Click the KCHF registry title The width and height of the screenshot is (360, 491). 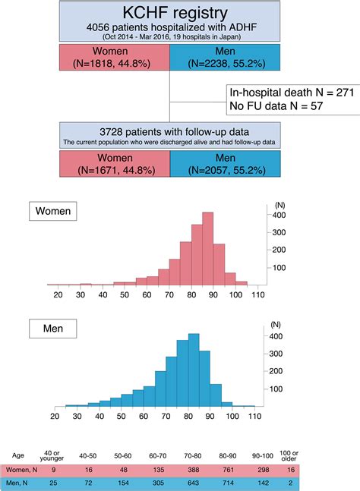tap(168, 14)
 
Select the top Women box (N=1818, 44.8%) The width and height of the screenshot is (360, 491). tap(114, 58)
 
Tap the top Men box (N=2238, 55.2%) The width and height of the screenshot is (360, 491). tap(223, 58)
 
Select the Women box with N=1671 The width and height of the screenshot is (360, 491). tap(114, 164)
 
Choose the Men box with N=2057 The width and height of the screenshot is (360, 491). tap(223, 164)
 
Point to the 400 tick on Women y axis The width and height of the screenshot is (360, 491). tap(278, 215)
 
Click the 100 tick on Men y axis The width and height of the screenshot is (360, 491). tap(276, 389)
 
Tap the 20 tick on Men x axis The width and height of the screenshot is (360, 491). tap(55, 417)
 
